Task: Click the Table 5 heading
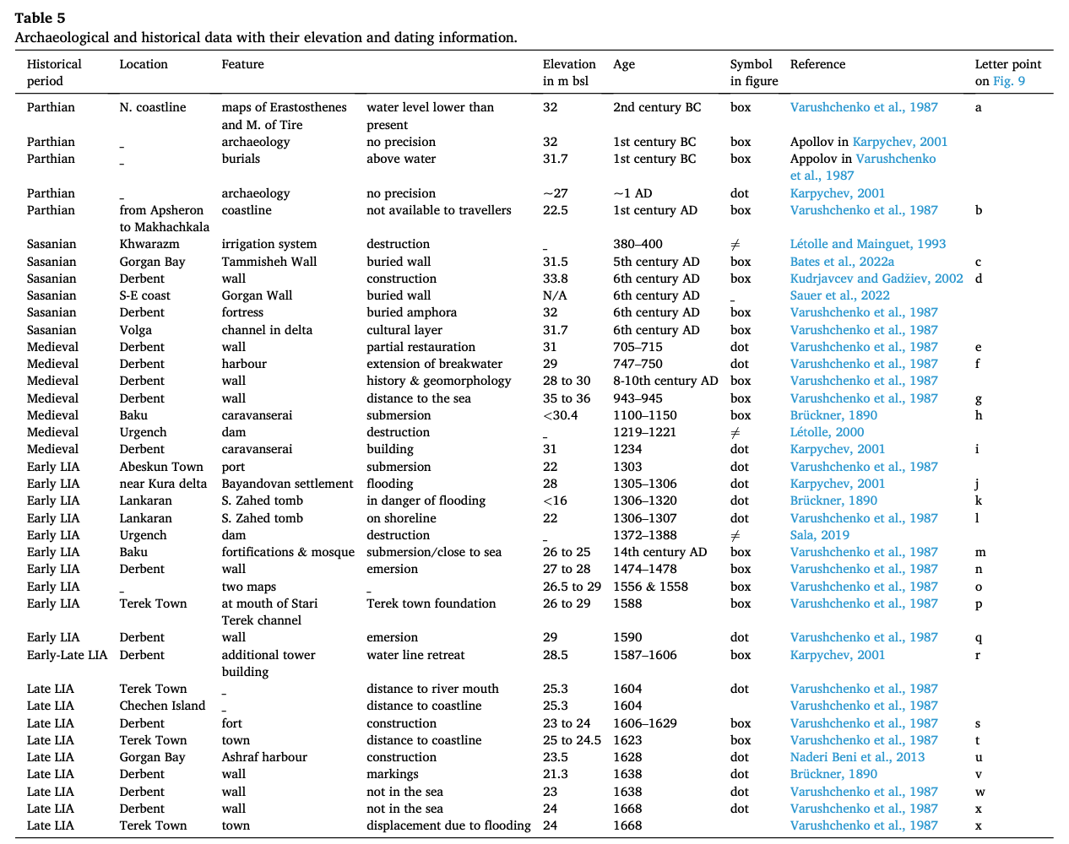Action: coord(40,18)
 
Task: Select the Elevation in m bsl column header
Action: coord(568,73)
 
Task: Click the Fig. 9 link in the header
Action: coord(1009,81)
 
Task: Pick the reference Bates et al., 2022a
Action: coord(842,262)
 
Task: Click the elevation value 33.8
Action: coord(555,279)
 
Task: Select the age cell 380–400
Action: coord(638,244)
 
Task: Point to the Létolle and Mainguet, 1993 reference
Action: coord(868,244)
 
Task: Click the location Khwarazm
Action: coord(149,244)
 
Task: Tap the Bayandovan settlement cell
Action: coord(287,484)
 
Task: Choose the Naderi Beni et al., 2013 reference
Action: coord(857,757)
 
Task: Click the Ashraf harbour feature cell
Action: coord(264,757)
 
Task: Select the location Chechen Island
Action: coord(162,706)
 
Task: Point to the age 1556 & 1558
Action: coord(650,587)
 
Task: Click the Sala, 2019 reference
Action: coord(820,535)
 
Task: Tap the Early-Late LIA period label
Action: coord(67,655)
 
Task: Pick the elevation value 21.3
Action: coord(555,774)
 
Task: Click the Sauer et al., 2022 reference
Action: coord(839,295)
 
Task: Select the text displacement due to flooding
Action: coord(448,825)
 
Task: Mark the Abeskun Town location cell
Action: coord(161,467)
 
